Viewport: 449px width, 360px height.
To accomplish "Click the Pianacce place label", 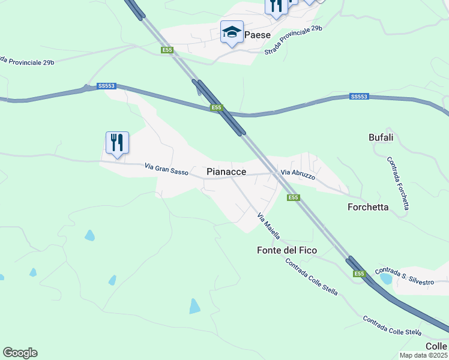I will pos(226,172).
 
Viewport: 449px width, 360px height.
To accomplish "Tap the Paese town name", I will pos(258,35).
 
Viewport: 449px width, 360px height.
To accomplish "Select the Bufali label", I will pos(381,137).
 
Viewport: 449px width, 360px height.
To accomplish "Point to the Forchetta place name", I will pos(368,207).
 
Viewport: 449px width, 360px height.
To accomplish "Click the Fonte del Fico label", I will pos(286,250).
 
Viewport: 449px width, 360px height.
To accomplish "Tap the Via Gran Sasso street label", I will pos(167,170).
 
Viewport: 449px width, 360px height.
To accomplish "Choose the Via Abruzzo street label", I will pos(298,175).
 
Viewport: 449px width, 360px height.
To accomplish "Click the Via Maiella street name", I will pos(268,226).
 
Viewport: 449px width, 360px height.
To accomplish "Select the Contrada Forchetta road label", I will pos(398,183).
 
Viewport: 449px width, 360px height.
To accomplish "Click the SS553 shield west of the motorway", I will pos(106,86).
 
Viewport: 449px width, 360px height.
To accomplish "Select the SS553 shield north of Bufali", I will pos(359,96).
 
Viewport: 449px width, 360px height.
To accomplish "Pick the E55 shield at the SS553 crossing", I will pos(217,108).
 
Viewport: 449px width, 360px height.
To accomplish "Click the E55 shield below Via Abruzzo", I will pos(292,197).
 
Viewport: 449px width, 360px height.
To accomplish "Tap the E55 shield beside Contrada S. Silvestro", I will pos(359,274).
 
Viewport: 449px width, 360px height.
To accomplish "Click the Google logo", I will pos(20,353).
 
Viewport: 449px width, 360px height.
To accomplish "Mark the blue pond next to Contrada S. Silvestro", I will pos(386,279).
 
